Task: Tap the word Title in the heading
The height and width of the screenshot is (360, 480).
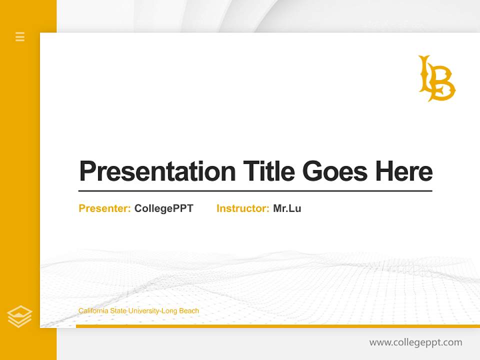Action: pyautogui.click(x=268, y=172)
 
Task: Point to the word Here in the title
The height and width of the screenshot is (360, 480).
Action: pyautogui.click(x=403, y=172)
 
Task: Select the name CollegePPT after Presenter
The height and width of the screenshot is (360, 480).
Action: pyautogui.click(x=163, y=208)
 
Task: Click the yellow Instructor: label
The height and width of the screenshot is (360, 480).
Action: pyautogui.click(x=243, y=208)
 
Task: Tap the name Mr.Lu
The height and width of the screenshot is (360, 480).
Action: pyautogui.click(x=287, y=208)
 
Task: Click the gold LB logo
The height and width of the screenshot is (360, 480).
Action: pyautogui.click(x=436, y=78)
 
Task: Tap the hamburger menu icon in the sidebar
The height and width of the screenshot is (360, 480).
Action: pyautogui.click(x=20, y=36)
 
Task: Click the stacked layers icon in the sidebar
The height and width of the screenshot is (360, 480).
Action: pyautogui.click(x=19, y=316)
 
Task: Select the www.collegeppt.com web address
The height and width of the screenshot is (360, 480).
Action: pyautogui.click(x=415, y=342)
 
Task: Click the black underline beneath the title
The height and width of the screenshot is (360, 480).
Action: pyautogui.click(x=255, y=191)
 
